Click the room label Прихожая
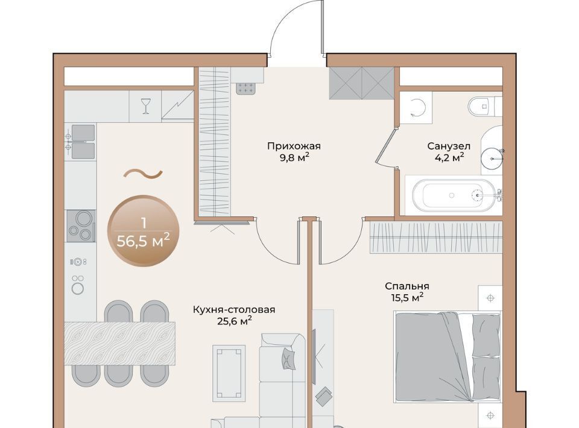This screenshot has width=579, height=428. click(294, 146)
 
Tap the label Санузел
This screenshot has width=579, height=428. click(449, 146)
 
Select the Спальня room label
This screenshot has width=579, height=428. click(407, 286)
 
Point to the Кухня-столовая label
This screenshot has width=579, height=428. click(234, 310)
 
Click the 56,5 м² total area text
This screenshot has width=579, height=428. click(144, 242)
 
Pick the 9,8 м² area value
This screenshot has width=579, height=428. click(294, 158)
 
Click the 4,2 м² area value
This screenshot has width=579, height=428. click(449, 158)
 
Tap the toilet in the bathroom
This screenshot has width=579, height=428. click(485, 107)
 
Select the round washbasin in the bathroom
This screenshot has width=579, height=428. click(492, 159)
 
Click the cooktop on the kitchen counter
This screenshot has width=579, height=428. click(81, 226)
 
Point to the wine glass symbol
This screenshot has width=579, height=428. click(146, 106)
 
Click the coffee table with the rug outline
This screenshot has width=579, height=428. click(229, 373)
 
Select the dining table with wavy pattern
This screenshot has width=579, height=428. click(119, 344)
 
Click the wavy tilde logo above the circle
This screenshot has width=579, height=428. click(143, 174)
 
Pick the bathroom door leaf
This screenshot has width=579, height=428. click(385, 145)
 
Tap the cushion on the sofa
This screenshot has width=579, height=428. click(288, 359)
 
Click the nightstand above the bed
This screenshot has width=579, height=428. click(490, 298)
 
